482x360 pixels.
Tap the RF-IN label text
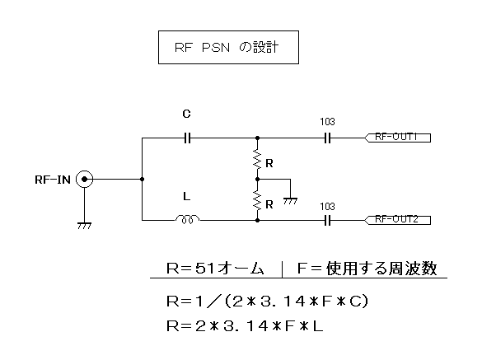53,180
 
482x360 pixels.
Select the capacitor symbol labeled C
187,138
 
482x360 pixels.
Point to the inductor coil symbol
187,219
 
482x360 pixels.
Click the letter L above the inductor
186,196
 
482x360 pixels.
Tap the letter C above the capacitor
186,114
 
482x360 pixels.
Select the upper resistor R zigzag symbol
257,160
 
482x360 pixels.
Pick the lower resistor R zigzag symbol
257,200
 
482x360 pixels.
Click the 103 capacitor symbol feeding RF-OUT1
328,138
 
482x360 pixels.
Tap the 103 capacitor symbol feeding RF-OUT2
328,221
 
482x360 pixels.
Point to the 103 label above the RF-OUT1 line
327,122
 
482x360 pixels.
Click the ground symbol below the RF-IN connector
84,226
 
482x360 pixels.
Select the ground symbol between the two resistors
290,201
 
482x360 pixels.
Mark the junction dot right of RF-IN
142,179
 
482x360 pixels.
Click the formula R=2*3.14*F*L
245,326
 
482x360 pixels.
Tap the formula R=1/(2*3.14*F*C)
267,301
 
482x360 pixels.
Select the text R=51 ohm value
215,269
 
